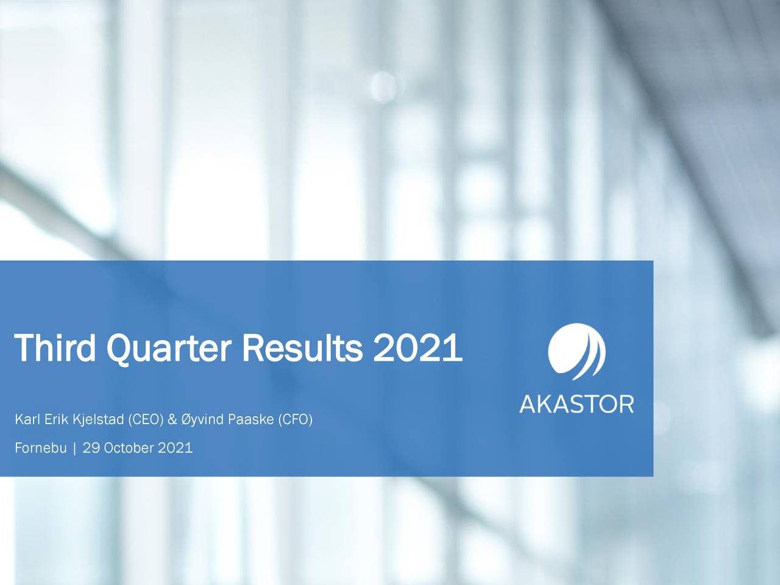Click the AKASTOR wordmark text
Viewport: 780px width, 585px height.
pos(576,404)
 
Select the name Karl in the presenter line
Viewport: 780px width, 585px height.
pos(24,420)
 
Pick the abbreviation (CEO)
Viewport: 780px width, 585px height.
pos(145,420)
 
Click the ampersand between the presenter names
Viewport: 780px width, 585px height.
pos(172,420)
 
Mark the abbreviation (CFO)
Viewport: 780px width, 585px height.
pos(295,420)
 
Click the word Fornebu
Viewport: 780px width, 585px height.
pos(40,448)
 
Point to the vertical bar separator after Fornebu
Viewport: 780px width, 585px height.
pos(74,449)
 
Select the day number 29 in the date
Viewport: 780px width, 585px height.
pos(91,448)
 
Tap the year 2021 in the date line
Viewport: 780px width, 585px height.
pos(175,448)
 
